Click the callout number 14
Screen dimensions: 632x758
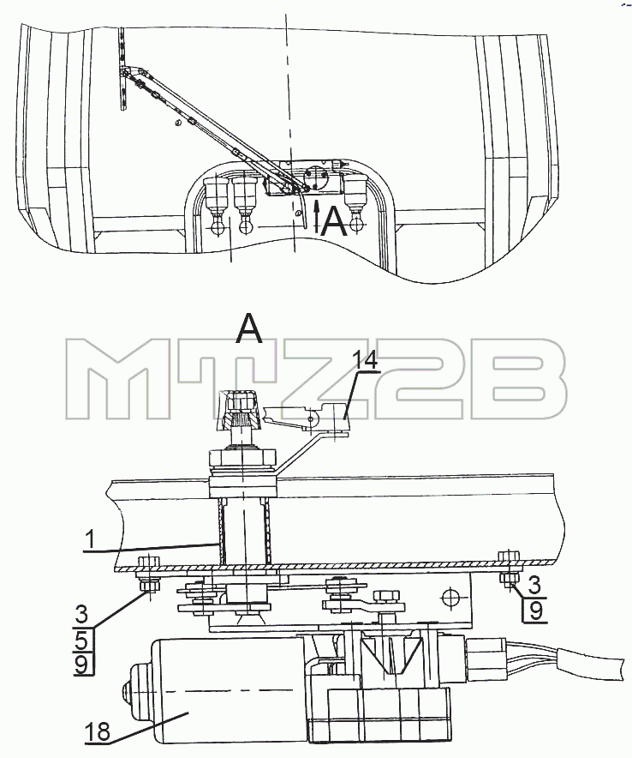point(366,360)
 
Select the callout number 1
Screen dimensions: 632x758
point(88,540)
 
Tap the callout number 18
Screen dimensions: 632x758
point(98,732)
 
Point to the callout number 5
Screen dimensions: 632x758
point(81,641)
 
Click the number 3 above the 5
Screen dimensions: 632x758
point(81,615)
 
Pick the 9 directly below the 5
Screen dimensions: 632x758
point(81,665)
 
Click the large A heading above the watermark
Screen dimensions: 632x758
point(249,328)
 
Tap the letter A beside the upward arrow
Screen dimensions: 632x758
point(334,222)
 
